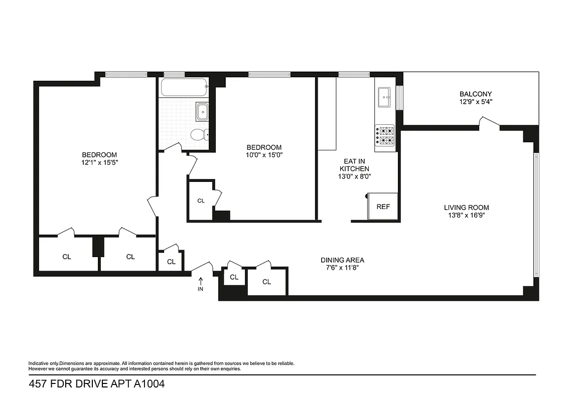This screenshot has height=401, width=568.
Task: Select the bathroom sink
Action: click(x=202, y=111)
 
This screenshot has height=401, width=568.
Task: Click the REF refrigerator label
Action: click(x=383, y=207)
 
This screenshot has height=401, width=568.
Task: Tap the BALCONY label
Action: click(x=476, y=94)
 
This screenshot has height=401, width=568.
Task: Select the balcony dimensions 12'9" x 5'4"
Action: click(x=476, y=102)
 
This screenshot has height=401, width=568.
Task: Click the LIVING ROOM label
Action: click(x=466, y=208)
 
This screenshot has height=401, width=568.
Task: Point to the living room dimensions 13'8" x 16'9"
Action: click(x=466, y=216)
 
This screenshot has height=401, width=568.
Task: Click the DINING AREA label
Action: click(x=342, y=260)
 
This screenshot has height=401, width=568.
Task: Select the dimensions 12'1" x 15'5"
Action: click(x=99, y=162)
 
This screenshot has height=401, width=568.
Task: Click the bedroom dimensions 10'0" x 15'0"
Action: click(x=264, y=155)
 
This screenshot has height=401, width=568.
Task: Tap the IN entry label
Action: click(x=201, y=289)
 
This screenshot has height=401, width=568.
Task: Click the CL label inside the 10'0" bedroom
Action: click(x=201, y=201)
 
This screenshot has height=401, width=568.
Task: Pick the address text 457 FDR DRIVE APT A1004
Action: click(x=96, y=384)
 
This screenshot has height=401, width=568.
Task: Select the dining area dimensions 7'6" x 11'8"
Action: click(x=342, y=268)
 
